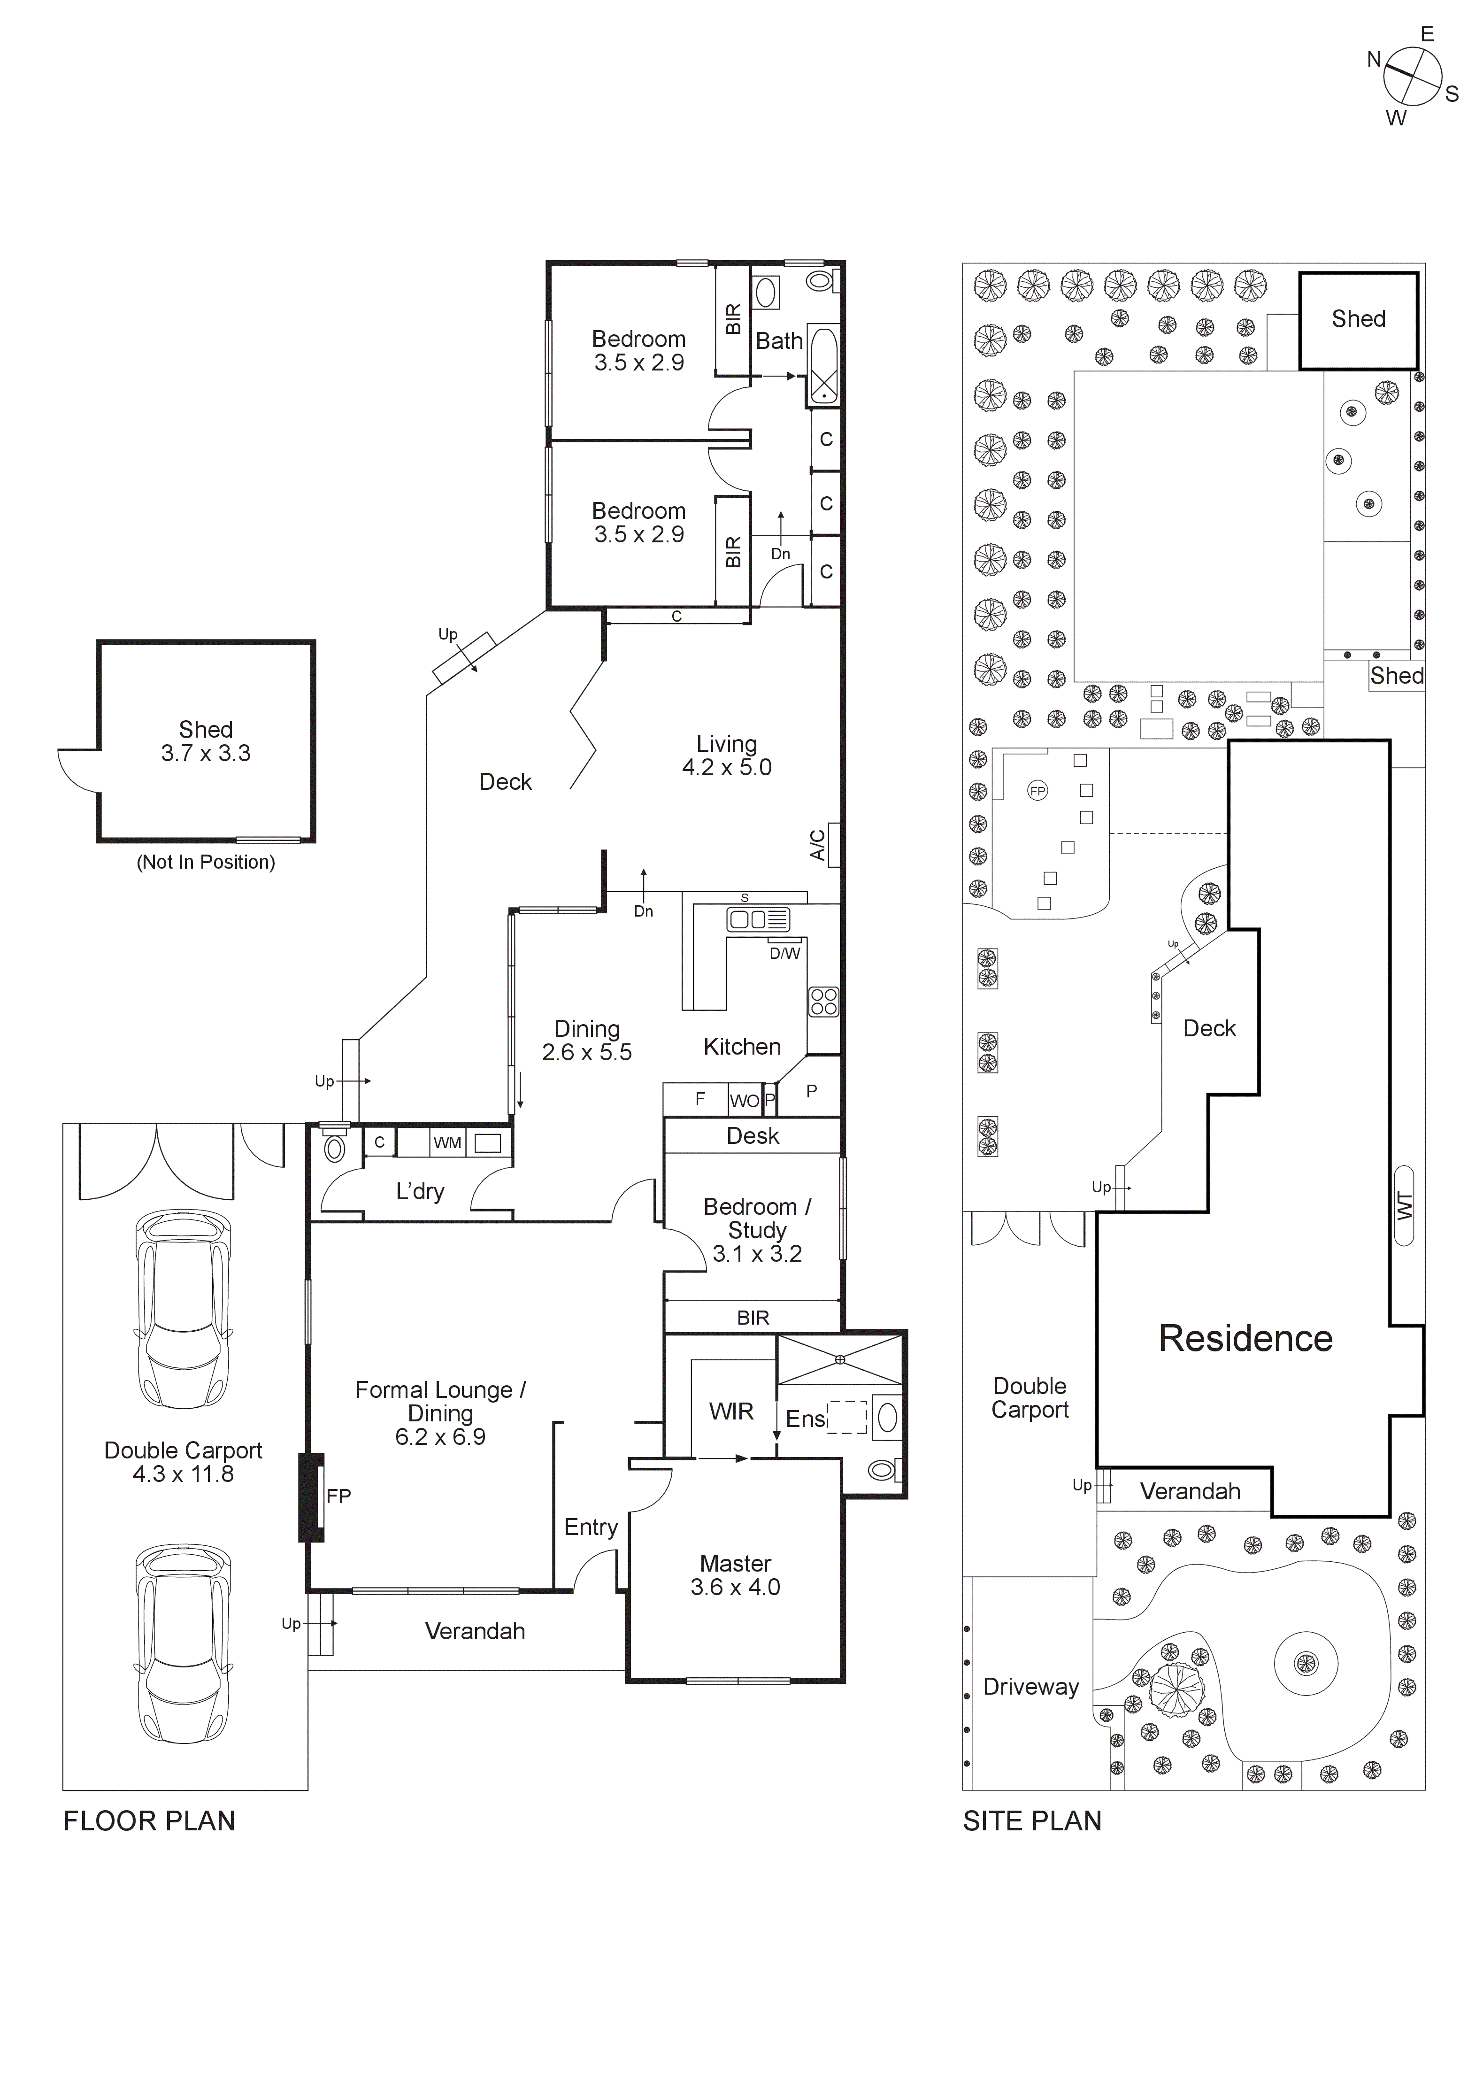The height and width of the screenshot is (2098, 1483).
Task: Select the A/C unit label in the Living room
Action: pyautogui.click(x=819, y=845)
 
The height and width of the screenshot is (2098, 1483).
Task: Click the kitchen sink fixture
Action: pyautogui.click(x=758, y=919)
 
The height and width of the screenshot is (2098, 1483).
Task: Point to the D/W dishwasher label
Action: pyautogui.click(x=784, y=953)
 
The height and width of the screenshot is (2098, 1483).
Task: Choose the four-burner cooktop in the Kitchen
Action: pyautogui.click(x=823, y=1003)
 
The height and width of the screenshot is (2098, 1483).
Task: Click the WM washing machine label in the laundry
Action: pyautogui.click(x=447, y=1142)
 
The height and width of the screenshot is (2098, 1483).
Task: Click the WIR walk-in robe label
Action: pyautogui.click(x=731, y=1412)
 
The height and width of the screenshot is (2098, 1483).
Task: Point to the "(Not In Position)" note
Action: pyautogui.click(x=206, y=862)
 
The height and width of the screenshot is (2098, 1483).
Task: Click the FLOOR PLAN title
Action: pyautogui.click(x=149, y=1821)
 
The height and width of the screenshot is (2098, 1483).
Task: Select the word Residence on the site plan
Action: pyautogui.click(x=1245, y=1339)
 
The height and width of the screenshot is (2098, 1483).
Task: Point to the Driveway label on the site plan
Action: pyautogui.click(x=1031, y=1687)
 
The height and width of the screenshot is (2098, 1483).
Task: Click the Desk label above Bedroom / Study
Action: pyautogui.click(x=753, y=1136)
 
